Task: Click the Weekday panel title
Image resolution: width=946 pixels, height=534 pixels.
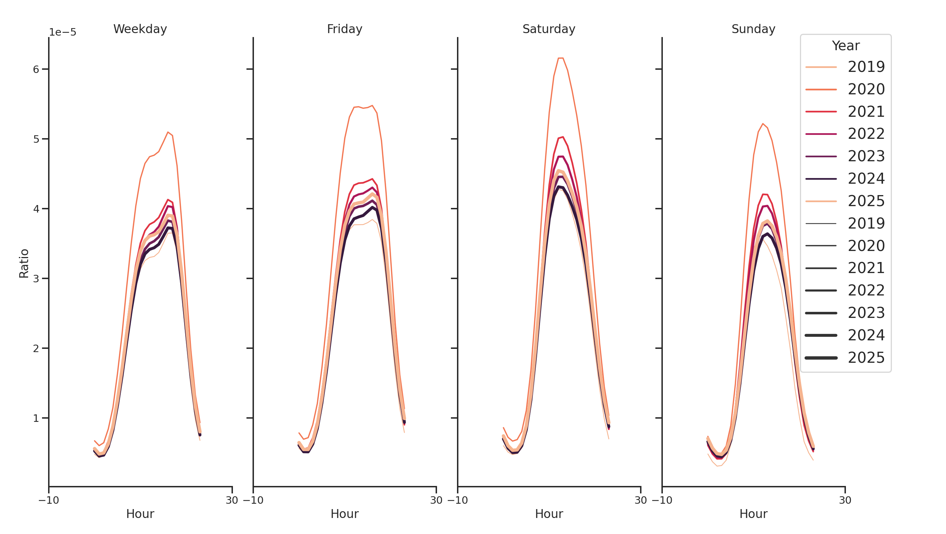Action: [140, 29]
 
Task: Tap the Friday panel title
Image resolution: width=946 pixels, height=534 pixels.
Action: [344, 29]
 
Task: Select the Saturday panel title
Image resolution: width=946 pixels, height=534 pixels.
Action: [549, 29]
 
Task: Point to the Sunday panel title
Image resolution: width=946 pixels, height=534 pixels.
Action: [753, 29]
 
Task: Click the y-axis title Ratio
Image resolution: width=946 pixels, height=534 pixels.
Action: [24, 263]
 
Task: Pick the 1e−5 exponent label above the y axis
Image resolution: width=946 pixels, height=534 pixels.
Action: [62, 32]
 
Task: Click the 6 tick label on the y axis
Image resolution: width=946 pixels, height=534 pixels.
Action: [36, 69]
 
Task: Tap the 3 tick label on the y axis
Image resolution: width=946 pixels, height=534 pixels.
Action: [36, 278]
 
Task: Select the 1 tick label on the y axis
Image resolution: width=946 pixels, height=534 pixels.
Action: [36, 418]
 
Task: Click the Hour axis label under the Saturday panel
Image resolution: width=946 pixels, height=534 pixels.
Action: [549, 514]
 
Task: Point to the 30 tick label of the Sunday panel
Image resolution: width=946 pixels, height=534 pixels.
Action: [845, 500]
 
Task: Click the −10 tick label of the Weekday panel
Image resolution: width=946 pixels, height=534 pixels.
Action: [48, 500]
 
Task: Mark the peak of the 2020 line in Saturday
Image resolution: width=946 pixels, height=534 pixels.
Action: [560, 58]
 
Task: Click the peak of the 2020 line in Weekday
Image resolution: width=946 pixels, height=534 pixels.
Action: [168, 132]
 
